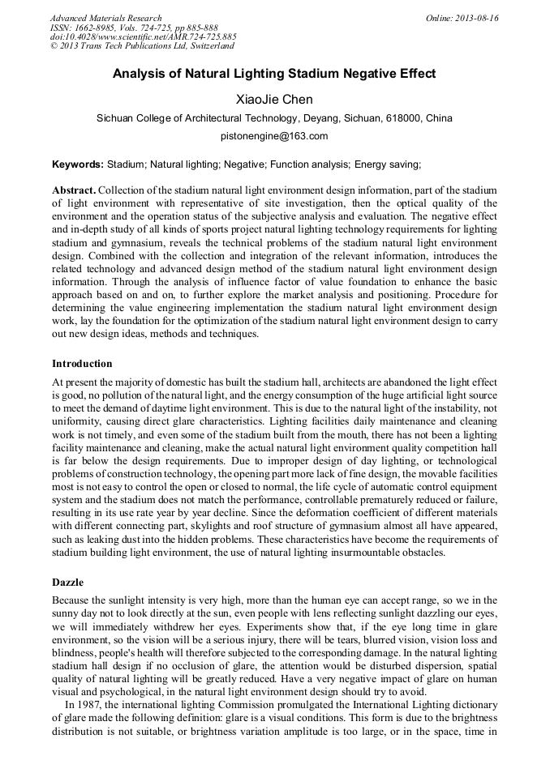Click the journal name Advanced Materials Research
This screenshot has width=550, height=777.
click(x=105, y=18)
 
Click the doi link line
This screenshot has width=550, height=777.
click(x=144, y=37)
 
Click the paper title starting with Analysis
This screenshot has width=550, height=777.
click(x=274, y=74)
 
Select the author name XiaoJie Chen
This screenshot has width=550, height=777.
click(x=274, y=100)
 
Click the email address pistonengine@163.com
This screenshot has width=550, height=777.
click(x=274, y=136)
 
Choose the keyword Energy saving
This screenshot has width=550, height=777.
click(x=387, y=164)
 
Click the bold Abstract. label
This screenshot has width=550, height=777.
click(x=74, y=190)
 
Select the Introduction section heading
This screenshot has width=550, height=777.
click(x=82, y=363)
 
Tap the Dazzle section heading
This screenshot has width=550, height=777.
click(x=68, y=581)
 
